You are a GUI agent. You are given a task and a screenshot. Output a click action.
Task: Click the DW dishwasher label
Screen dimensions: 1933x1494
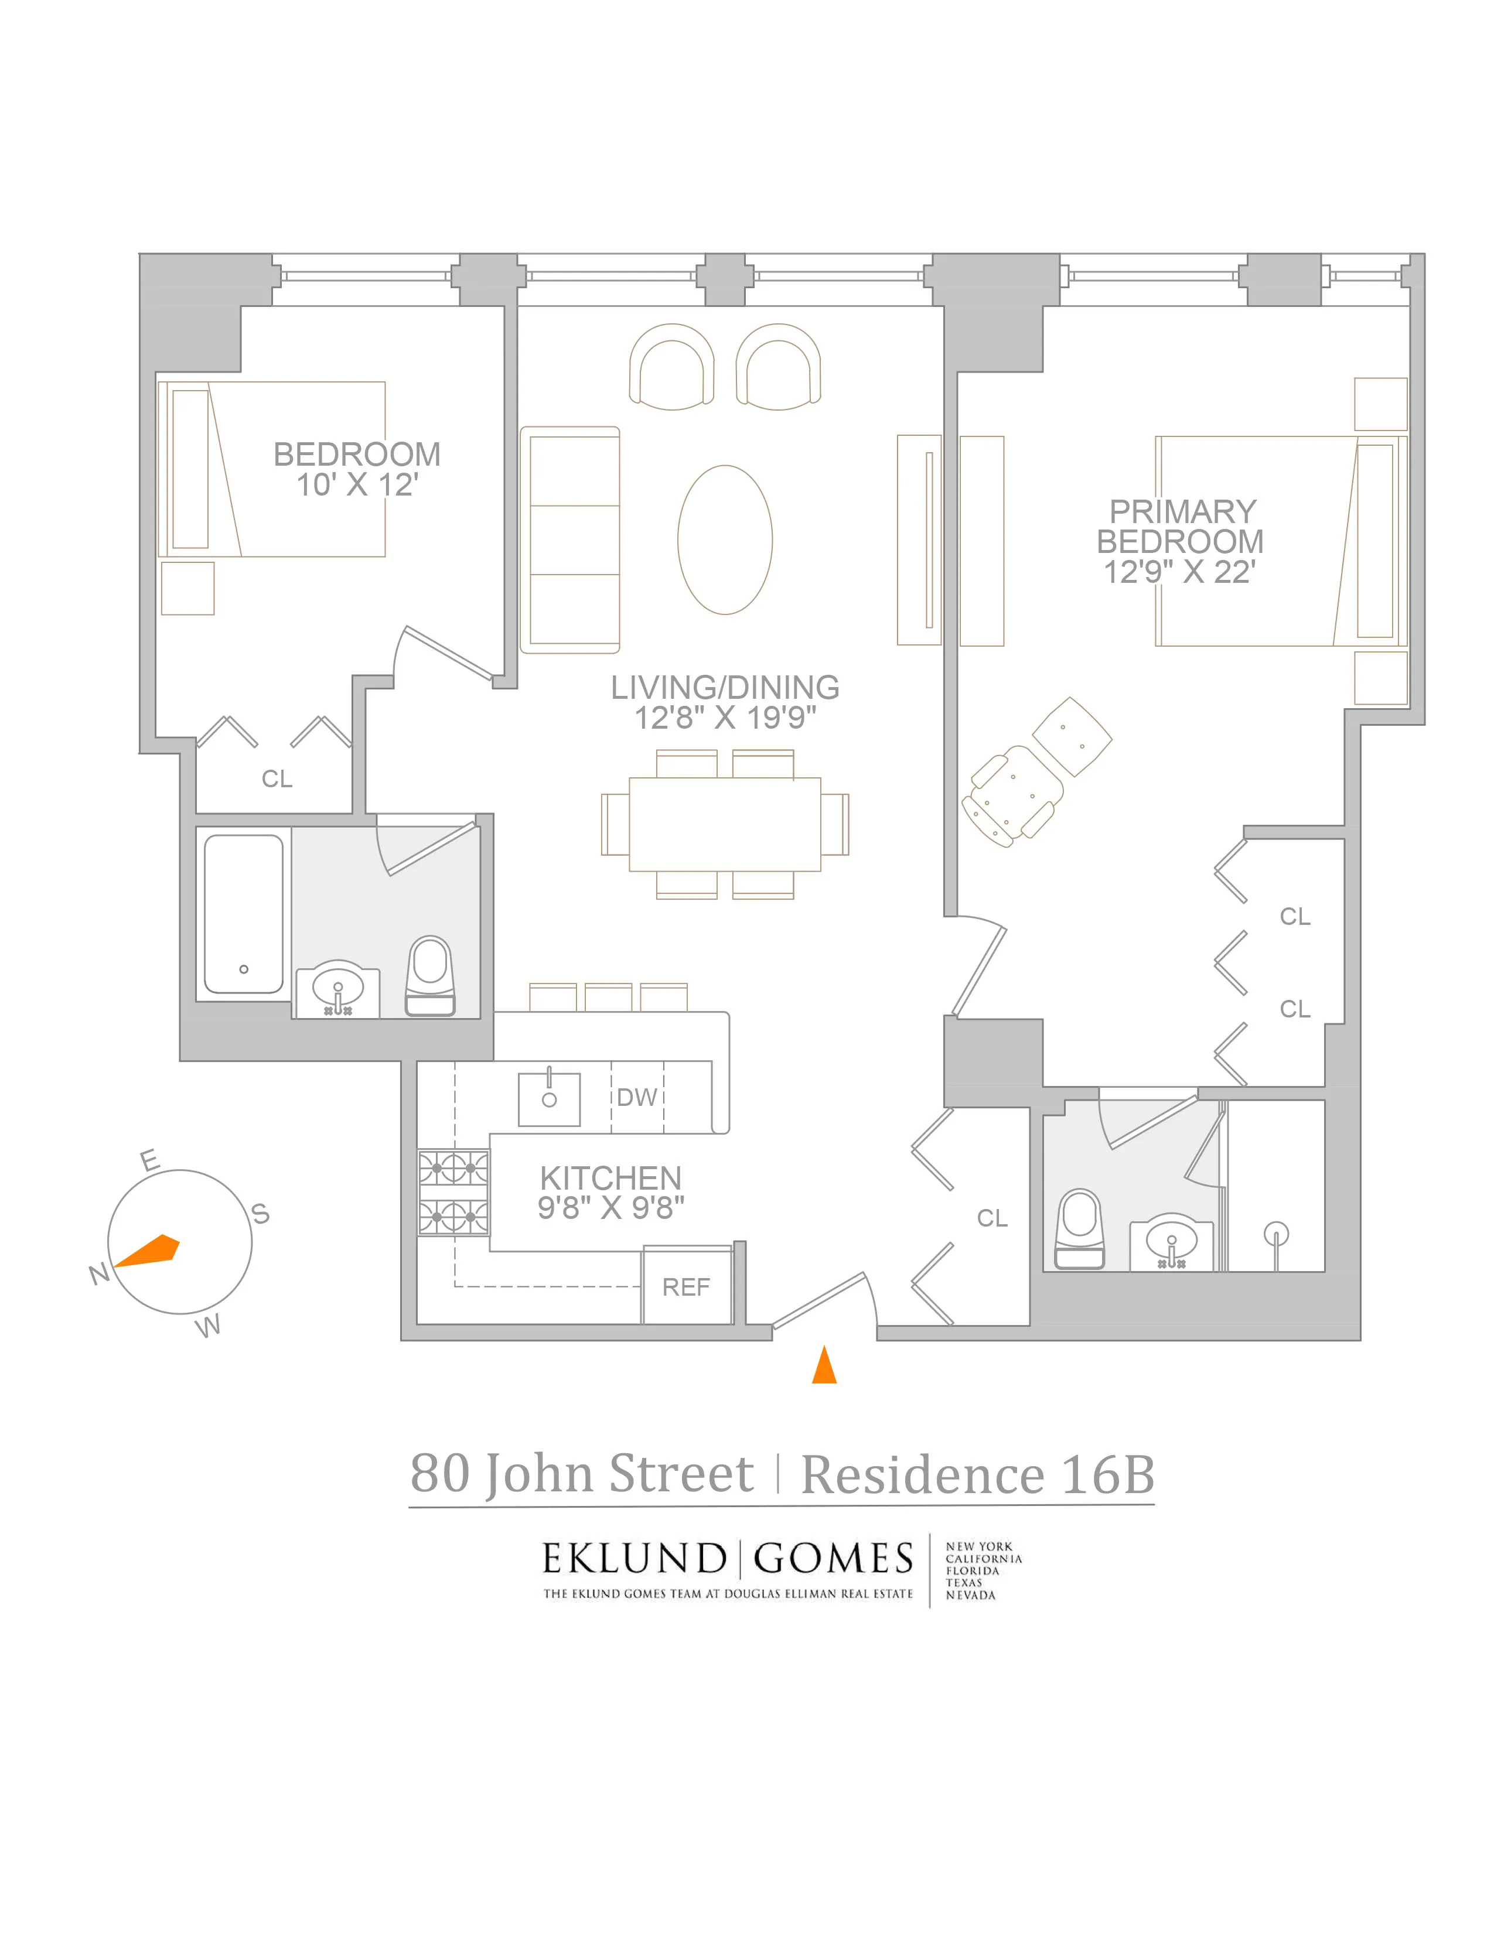pos(636,1098)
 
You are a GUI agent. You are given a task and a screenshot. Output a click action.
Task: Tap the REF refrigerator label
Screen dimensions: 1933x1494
pos(686,1287)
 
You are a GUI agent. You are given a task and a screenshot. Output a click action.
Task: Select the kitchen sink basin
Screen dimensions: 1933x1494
pos(549,1099)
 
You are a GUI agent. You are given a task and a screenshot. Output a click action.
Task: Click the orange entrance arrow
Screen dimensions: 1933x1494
pos(824,1365)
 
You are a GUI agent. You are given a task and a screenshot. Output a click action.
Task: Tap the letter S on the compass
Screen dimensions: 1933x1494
pos(260,1214)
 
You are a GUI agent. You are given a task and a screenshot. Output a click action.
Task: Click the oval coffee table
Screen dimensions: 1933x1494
pos(725,540)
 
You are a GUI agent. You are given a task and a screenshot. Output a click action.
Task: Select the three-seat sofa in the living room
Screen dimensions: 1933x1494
pos(570,540)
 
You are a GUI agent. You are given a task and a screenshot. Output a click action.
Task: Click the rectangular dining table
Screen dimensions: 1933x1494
pos(725,824)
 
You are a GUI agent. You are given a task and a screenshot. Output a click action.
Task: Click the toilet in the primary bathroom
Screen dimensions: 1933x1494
pos(1080,1228)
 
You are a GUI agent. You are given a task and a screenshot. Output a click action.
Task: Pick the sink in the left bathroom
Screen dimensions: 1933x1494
pos(337,991)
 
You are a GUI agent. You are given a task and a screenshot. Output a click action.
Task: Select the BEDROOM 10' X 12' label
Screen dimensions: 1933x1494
pos(357,470)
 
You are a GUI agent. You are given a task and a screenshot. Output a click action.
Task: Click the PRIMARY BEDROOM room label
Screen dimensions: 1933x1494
pos(1180,541)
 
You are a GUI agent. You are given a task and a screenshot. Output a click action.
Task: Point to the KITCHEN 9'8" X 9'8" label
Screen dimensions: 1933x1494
pos(610,1192)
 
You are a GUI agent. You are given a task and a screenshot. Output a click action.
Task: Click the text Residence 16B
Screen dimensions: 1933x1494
pos(977,1476)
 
